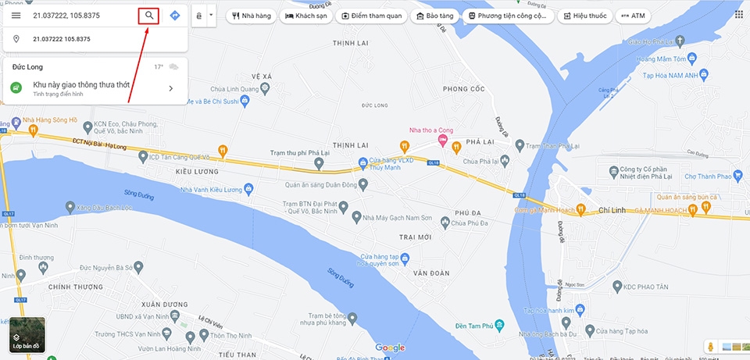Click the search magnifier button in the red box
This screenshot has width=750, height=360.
pyautogui.click(x=148, y=15)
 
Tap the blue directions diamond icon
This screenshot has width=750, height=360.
pyautogui.click(x=174, y=16)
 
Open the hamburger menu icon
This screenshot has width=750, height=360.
pyautogui.click(x=16, y=16)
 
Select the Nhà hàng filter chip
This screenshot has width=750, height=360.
pyautogui.click(x=252, y=16)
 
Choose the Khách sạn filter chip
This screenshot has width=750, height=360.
pyautogui.click(x=306, y=16)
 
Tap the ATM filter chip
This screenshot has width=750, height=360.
pyautogui.click(x=633, y=16)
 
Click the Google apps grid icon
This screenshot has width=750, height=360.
pyautogui.click(x=739, y=15)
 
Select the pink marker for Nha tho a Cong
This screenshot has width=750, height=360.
pyautogui.click(x=442, y=141)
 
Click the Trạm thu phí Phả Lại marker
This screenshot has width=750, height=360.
pyautogui.click(x=319, y=163)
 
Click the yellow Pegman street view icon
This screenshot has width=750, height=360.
pyautogui.click(x=711, y=345)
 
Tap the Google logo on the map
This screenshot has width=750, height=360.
pyautogui.click(x=390, y=347)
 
